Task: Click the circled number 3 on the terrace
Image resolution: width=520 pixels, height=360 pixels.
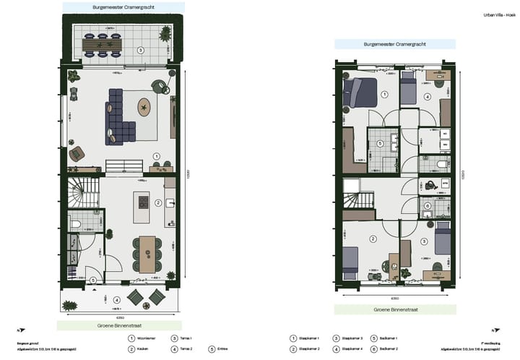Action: pos(140,51)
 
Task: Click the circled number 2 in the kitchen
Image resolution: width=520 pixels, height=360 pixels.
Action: pos(158,203)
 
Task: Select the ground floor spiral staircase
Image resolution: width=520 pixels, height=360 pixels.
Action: pos(79,194)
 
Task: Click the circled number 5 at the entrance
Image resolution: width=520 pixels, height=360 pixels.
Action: pos(92,280)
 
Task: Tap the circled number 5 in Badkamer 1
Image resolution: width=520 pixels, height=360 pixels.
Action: pos(381,143)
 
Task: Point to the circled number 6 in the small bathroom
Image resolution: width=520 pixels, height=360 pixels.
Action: pos(428,206)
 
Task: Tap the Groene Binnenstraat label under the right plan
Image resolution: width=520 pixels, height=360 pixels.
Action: pos(394,309)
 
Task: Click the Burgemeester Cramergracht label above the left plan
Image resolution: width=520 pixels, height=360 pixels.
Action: pos(118,7)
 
